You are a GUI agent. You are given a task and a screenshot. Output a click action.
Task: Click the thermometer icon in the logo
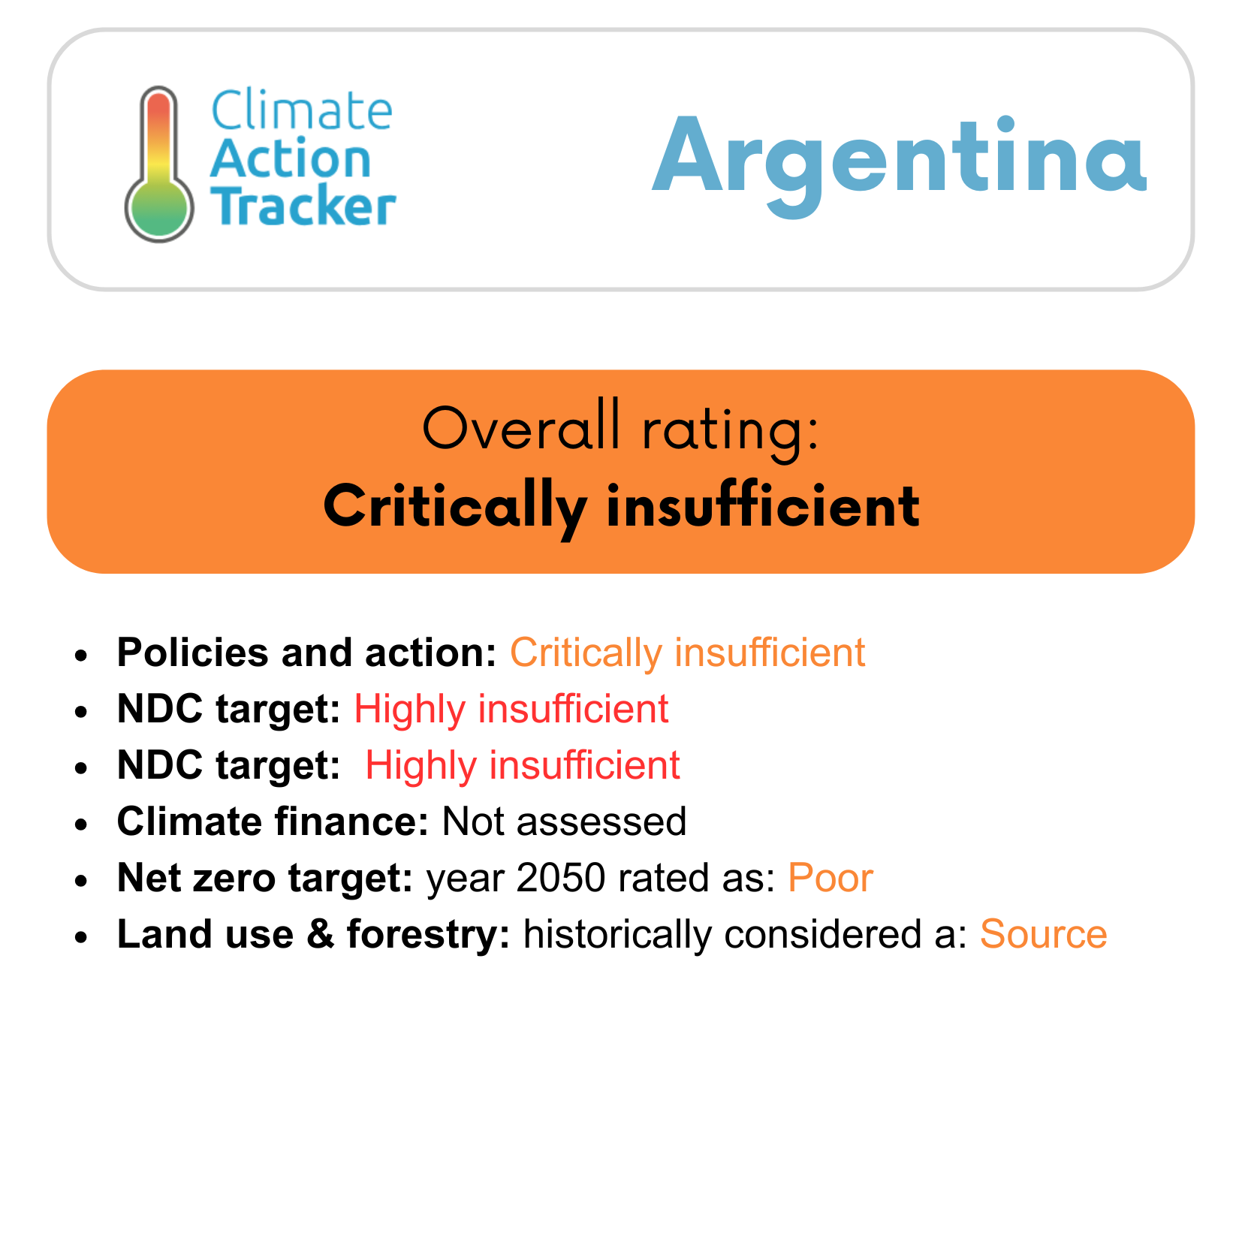pyautogui.click(x=159, y=164)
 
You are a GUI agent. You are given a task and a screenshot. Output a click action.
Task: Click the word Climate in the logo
pyautogui.click(x=301, y=110)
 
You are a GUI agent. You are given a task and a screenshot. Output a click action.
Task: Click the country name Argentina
pyautogui.click(x=899, y=160)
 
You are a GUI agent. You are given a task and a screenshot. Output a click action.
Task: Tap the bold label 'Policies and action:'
pyautogui.click(x=307, y=652)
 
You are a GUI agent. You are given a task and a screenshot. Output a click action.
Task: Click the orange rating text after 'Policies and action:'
pyautogui.click(x=687, y=653)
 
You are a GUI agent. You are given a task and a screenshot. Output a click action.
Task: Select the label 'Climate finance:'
pyautogui.click(x=273, y=821)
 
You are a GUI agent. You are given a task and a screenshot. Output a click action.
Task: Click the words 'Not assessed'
pyautogui.click(x=564, y=821)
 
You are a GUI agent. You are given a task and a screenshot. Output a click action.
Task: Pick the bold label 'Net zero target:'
pyautogui.click(x=265, y=877)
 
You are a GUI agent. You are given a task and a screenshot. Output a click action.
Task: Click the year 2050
pyautogui.click(x=561, y=877)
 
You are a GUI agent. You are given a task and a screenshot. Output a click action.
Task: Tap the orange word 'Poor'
pyautogui.click(x=830, y=877)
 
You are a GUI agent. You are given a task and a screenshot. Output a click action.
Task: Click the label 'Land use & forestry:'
pyautogui.click(x=314, y=933)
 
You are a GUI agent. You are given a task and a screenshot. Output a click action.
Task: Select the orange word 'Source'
pyautogui.click(x=1043, y=933)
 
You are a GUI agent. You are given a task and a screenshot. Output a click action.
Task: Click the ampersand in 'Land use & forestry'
pyautogui.click(x=320, y=933)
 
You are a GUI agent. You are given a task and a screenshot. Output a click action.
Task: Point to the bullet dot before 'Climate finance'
pyautogui.click(x=82, y=824)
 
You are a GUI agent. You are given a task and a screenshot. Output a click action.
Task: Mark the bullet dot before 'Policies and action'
pyautogui.click(x=82, y=655)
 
